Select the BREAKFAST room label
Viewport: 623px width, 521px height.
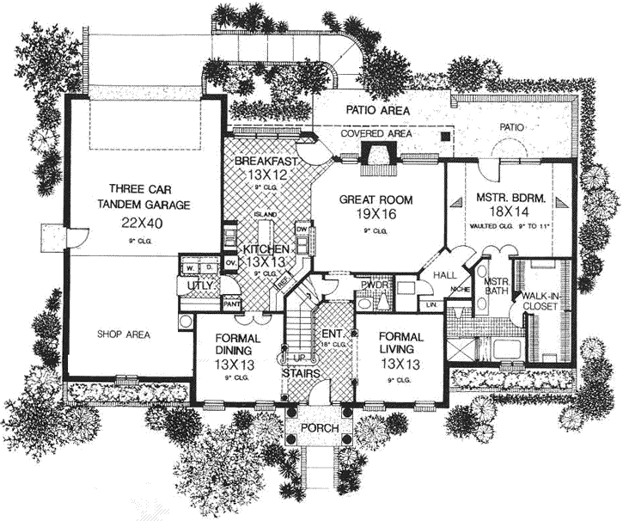pos(266,161)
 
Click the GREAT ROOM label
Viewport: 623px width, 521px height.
pos(376,199)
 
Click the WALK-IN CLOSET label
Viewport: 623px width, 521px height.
pos(541,301)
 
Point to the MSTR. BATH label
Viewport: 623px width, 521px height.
pos(497,287)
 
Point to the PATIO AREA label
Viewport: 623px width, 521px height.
pos(377,111)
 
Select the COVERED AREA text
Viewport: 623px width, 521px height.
pos(376,134)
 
